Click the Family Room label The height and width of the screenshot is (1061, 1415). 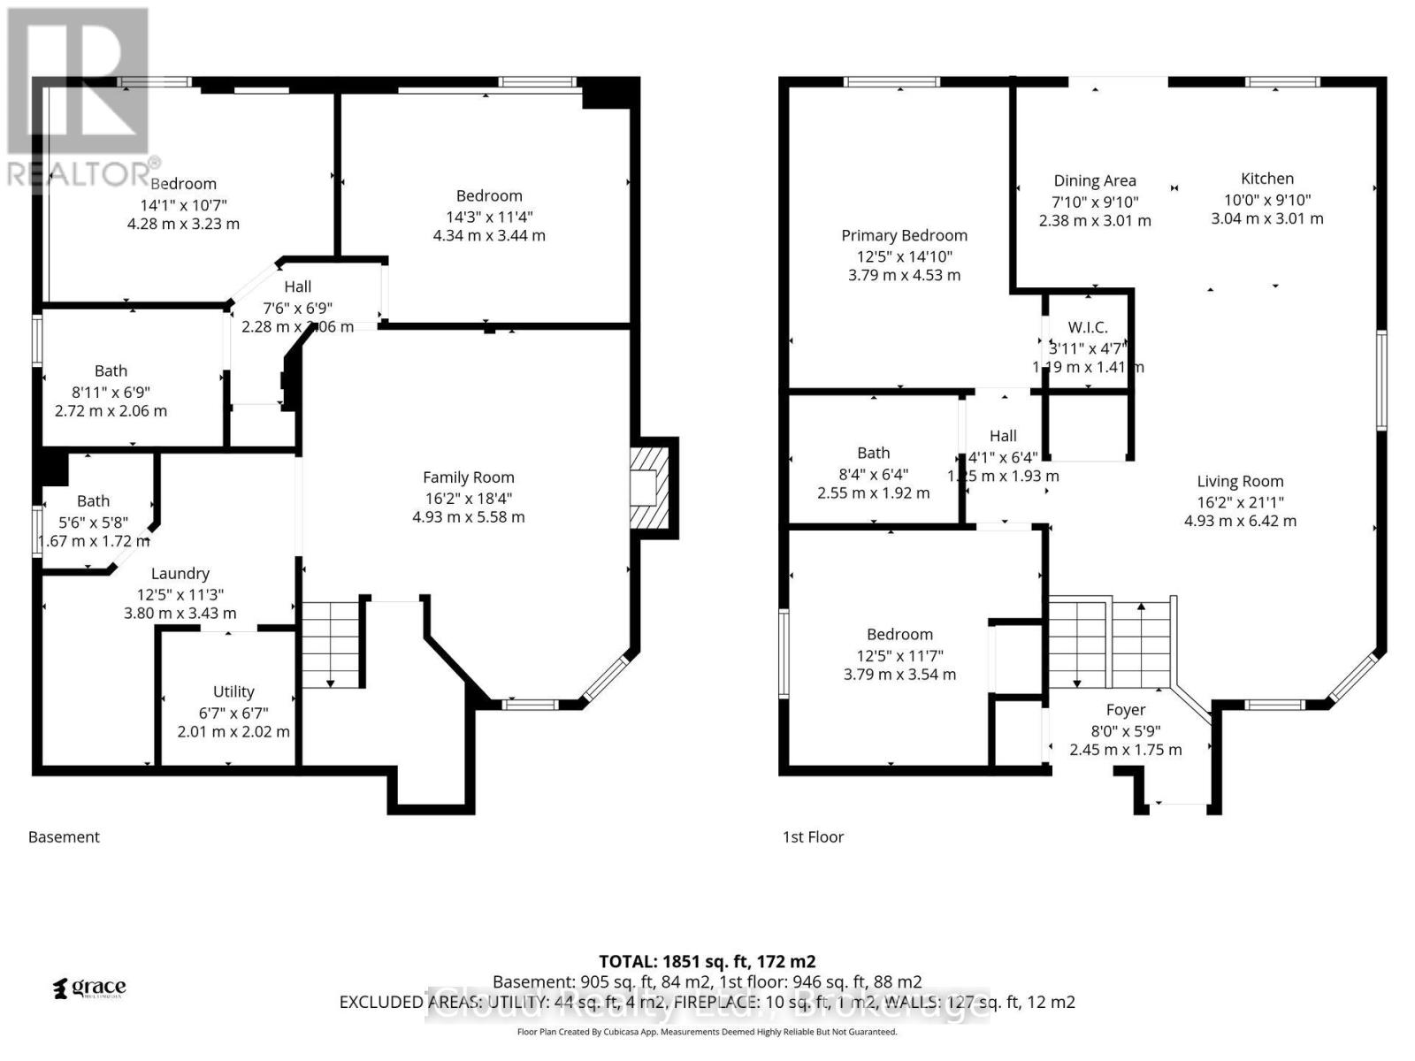click(468, 477)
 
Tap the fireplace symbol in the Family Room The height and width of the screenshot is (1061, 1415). click(649, 488)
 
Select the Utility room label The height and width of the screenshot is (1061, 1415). click(233, 691)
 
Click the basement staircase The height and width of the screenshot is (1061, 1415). click(333, 644)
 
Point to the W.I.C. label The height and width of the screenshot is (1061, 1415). click(1087, 327)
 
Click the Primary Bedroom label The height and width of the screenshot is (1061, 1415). click(904, 235)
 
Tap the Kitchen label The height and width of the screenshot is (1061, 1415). click(1266, 179)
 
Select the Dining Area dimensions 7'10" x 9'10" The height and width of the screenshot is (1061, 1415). click(1095, 202)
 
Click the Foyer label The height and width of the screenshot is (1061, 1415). click(1125, 710)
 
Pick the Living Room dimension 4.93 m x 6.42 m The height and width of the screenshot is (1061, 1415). click(1240, 521)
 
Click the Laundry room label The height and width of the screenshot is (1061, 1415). click(180, 574)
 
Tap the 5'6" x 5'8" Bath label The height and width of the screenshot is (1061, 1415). click(93, 501)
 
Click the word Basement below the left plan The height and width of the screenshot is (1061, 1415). click(64, 836)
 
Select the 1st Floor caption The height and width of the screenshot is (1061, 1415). click(813, 836)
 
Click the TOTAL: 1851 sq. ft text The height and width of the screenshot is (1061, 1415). click(707, 961)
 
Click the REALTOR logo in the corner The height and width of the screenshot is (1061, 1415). click(78, 97)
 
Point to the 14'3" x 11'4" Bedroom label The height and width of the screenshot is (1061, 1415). click(489, 196)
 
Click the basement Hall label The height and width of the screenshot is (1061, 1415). click(297, 286)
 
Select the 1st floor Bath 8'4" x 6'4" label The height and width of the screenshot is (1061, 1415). click(873, 453)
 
